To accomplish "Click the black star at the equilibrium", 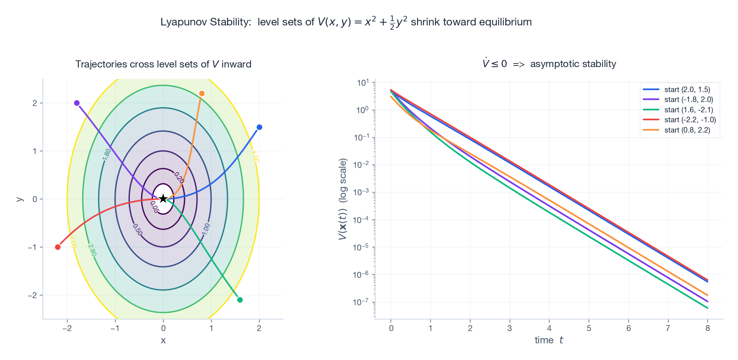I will click(163, 198).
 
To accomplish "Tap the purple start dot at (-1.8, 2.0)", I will click(77, 103).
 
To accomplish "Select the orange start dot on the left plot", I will click(202, 94).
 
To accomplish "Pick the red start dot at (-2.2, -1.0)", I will click(58, 247).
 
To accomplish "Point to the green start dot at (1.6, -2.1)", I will click(240, 300).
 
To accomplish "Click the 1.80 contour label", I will click(107, 154).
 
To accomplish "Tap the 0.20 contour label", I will click(179, 177).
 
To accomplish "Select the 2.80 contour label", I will click(92, 250).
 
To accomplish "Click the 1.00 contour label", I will click(206, 229).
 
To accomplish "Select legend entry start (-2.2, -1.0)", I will click(690, 120).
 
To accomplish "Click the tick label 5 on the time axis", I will click(589, 328).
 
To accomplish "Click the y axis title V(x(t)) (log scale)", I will click(343, 199).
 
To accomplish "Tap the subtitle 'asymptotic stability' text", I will click(573, 64).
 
